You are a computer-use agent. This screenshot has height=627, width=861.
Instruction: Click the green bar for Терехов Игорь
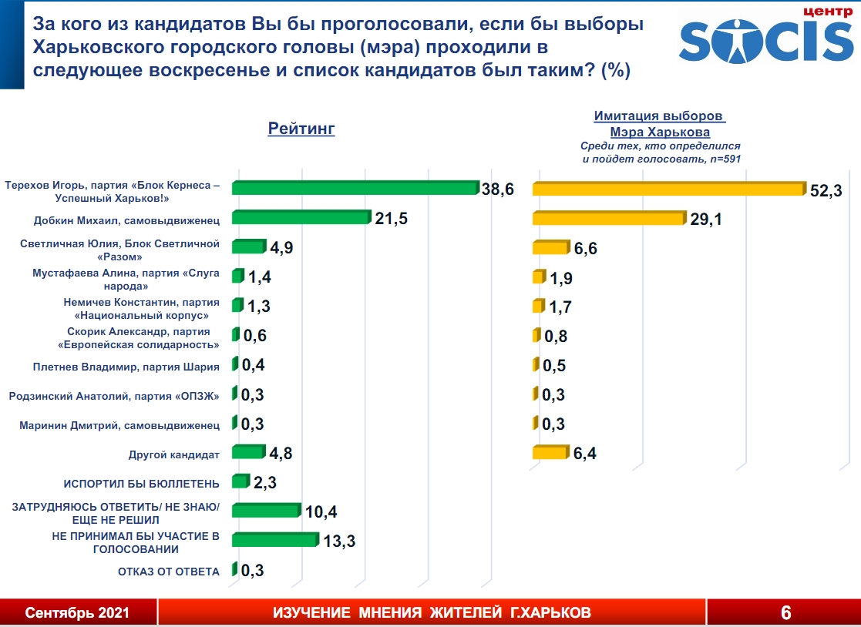[355, 189]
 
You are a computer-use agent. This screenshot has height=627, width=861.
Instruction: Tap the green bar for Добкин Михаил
[301, 218]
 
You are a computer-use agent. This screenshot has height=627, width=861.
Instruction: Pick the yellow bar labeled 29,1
[607, 219]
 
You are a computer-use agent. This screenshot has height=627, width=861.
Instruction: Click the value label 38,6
[499, 189]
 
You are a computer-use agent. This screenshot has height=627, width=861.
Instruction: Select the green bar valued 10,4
[265, 511]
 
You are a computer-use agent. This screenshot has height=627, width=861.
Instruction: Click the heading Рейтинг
[301, 129]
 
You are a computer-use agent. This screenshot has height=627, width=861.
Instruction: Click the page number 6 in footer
[785, 613]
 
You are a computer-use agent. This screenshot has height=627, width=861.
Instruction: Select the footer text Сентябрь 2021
[77, 613]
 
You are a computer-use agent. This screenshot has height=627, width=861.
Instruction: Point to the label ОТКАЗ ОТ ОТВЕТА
[168, 571]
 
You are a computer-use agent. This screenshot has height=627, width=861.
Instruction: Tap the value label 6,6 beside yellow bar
[585, 248]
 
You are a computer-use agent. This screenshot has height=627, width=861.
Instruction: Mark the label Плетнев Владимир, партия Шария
[126, 366]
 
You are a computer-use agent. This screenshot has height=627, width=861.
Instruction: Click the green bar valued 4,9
[247, 247]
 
